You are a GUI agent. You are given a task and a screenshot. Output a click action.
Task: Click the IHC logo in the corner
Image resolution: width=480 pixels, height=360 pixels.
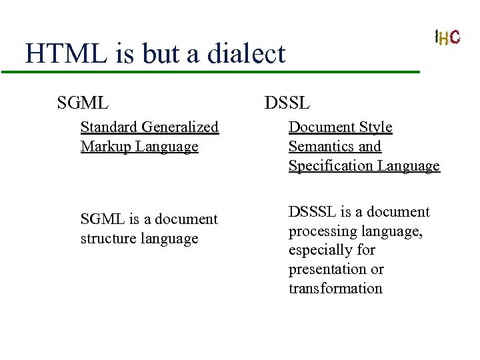coord(447,37)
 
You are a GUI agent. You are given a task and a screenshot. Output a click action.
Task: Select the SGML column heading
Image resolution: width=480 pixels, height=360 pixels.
coord(83,103)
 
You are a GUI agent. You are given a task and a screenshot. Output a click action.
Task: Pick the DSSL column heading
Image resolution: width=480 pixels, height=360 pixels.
coord(287,103)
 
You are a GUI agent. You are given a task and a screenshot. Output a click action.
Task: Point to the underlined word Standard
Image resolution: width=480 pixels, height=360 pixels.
coord(109,127)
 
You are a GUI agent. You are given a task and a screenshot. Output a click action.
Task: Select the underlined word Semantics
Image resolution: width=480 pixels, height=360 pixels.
coord(317,146)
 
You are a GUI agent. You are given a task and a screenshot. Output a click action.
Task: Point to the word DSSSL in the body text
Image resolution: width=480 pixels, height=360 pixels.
coord(313,211)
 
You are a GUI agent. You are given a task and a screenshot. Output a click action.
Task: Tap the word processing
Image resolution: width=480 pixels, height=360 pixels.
coord(321,231)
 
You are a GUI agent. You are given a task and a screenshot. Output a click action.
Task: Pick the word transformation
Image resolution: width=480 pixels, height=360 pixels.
coord(335,289)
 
